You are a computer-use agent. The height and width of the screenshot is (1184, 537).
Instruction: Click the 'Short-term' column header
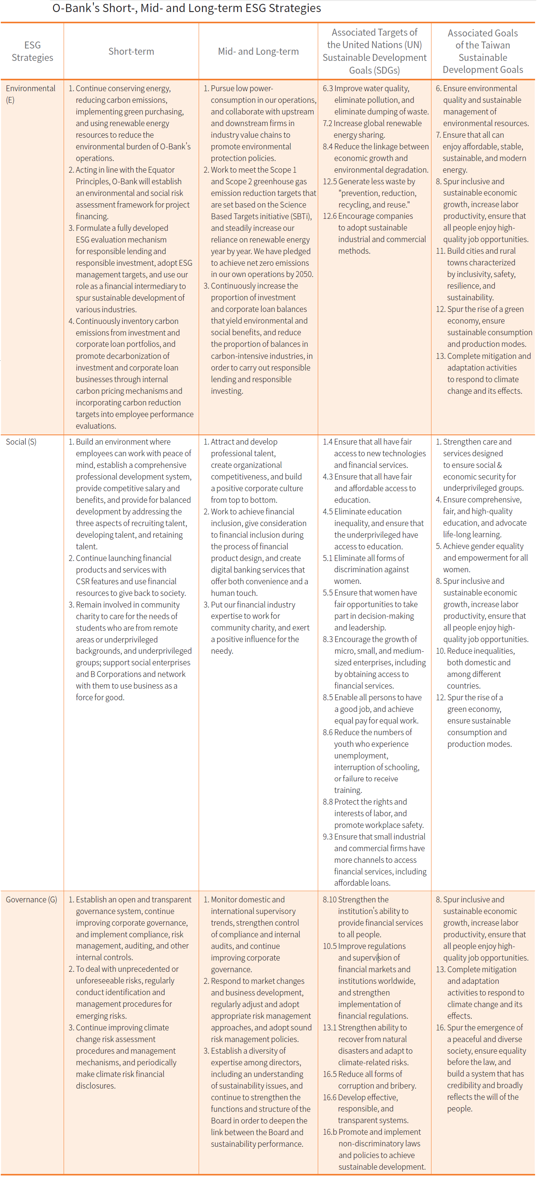pyautogui.click(x=131, y=52)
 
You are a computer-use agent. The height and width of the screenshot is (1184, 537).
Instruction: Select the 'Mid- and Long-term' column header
pyautogui.click(x=258, y=52)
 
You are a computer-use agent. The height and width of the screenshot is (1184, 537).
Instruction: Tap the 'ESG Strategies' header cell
pyautogui.click(x=32, y=52)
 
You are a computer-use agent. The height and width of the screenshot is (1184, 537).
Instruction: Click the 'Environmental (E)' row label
pyautogui.click(x=30, y=94)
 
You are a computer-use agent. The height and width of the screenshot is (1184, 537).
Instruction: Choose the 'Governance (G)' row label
pyautogui.click(x=31, y=900)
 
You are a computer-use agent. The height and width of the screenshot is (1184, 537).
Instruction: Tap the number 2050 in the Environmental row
pyautogui.click(x=304, y=274)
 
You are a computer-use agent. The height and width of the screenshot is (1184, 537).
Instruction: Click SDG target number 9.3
pyautogui.click(x=327, y=836)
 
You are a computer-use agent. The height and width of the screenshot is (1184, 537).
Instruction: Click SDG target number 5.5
pyautogui.click(x=327, y=593)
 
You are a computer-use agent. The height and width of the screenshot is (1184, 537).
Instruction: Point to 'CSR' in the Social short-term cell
pyautogui.click(x=82, y=582)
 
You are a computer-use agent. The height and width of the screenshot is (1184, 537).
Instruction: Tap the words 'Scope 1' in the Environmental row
pyautogui.click(x=283, y=170)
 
